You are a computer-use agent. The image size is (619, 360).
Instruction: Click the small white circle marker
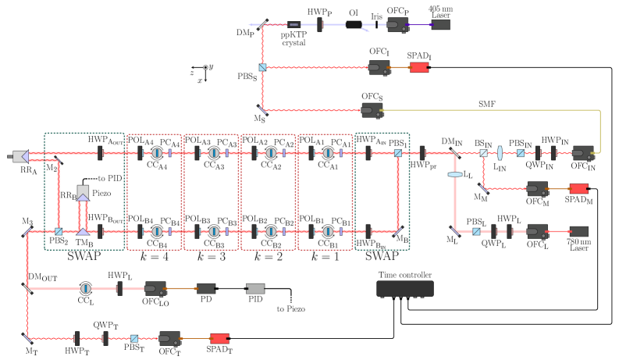tap(205, 67)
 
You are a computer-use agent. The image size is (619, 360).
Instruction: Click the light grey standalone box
tap(255, 288)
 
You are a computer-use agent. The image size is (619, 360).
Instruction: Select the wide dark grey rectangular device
tap(404, 288)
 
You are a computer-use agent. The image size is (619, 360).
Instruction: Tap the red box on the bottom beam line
tap(219, 338)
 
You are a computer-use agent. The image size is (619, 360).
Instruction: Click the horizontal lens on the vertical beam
tap(455, 174)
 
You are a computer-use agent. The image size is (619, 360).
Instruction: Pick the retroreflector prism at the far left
tap(21, 156)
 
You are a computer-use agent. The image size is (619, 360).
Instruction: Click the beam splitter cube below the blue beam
tap(262, 67)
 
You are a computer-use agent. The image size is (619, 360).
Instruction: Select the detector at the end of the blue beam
tap(397, 25)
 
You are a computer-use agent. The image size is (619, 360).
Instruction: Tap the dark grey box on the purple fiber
tap(440, 25)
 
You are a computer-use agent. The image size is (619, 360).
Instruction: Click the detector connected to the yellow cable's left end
tap(372, 110)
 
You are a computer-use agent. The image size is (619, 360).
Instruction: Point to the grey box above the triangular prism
tap(83, 191)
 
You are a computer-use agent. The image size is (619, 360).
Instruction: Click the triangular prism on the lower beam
tap(83, 231)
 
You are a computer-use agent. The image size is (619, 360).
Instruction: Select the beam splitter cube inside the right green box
tap(397, 153)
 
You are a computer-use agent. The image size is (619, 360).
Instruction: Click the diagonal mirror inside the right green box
tap(397, 231)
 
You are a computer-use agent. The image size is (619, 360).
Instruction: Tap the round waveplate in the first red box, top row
tap(157, 153)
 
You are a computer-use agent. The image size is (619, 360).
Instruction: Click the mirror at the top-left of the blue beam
tap(262, 25)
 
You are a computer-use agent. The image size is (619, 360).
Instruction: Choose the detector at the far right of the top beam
tap(582, 153)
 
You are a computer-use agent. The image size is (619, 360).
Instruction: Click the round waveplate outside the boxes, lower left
tap(86, 288)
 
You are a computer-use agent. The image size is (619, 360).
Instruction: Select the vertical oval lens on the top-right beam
tap(500, 153)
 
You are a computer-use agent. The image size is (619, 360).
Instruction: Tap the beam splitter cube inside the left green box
tap(59, 231)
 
